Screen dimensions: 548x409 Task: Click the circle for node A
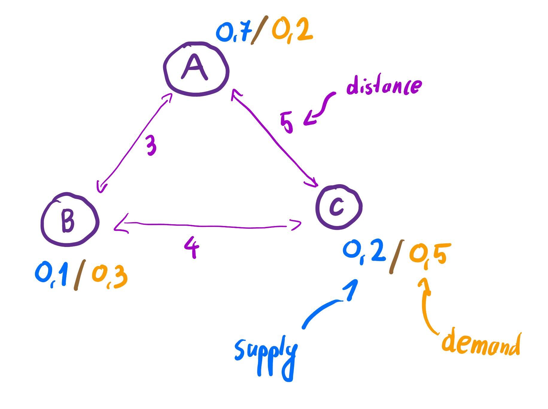pyautogui.click(x=196, y=69)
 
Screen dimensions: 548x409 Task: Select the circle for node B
pyautogui.click(x=69, y=220)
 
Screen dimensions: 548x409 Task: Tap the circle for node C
pyautogui.click(x=338, y=207)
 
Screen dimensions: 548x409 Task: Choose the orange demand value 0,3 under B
pyautogui.click(x=110, y=276)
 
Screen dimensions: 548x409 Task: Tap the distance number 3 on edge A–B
pyautogui.click(x=151, y=145)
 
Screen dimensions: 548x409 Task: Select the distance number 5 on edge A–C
pyautogui.click(x=287, y=123)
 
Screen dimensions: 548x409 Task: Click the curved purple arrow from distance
pyautogui.click(x=320, y=109)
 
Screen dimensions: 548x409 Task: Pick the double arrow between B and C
pyautogui.click(x=207, y=226)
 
